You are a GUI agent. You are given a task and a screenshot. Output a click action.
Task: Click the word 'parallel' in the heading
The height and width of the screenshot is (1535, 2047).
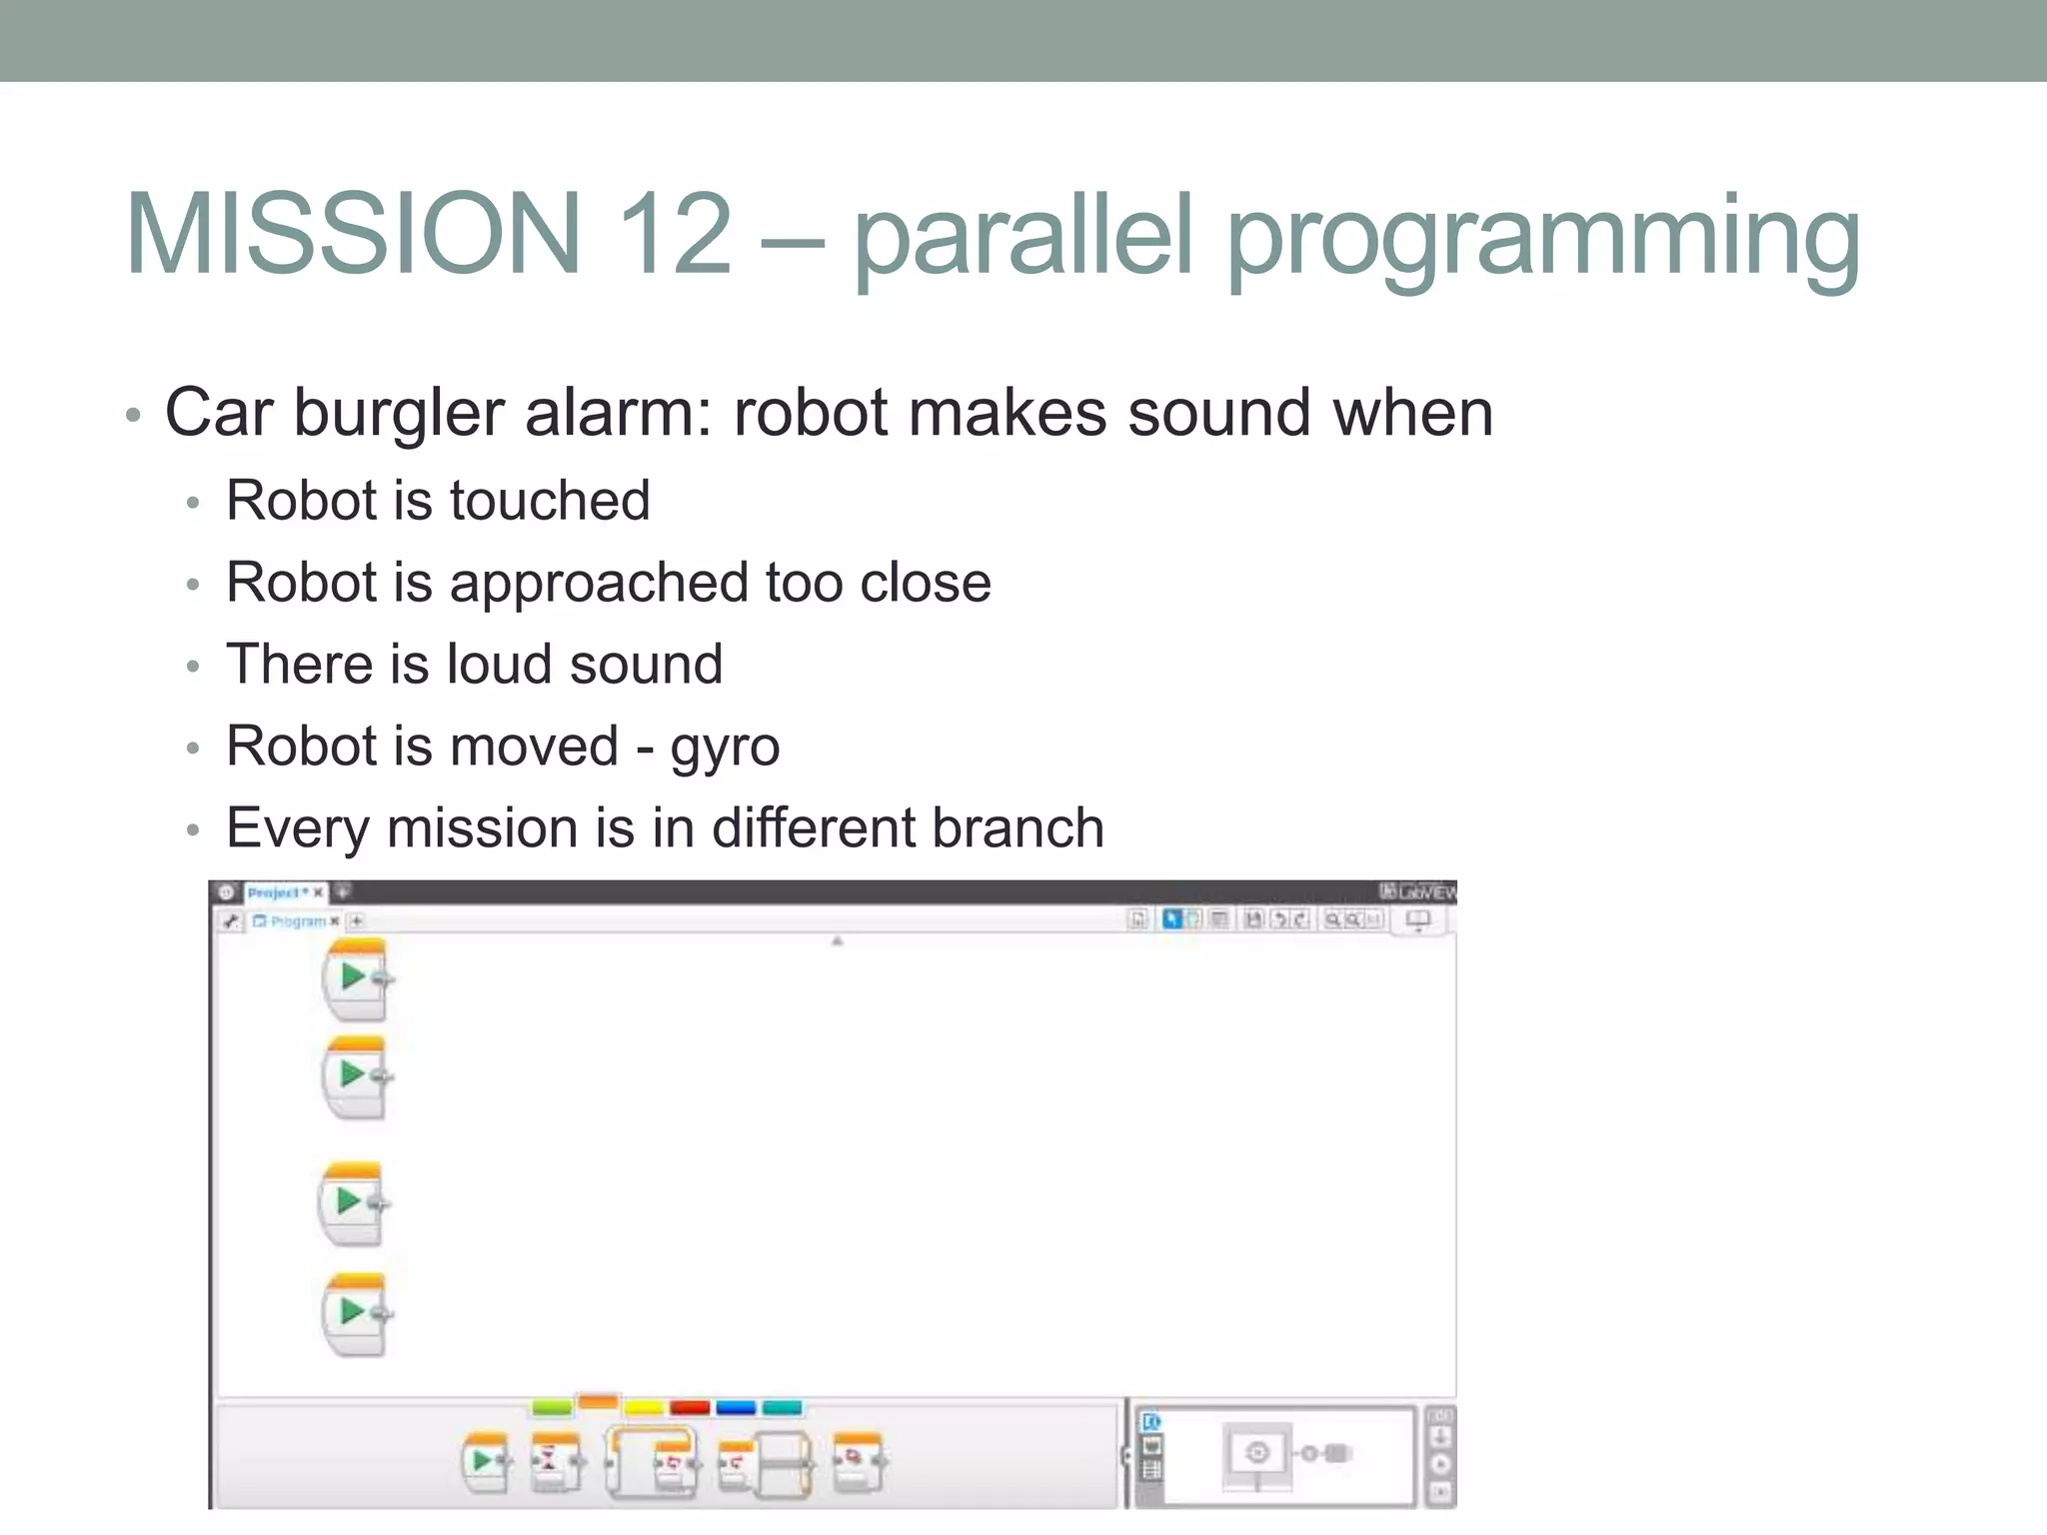[1023, 236]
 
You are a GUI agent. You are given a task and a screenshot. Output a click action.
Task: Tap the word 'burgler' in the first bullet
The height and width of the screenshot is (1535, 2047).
[399, 413]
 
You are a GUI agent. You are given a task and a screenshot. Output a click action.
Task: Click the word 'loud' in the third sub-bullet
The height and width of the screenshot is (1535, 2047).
[498, 665]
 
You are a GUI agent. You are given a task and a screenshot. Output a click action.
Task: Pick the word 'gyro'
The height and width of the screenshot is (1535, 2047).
[725, 748]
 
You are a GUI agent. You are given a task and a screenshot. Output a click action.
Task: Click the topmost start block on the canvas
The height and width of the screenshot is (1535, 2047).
[355, 978]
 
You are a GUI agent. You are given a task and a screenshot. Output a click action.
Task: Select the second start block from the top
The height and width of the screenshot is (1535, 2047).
[355, 1076]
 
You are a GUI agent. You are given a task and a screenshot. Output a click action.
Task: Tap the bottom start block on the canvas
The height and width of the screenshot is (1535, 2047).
[355, 1313]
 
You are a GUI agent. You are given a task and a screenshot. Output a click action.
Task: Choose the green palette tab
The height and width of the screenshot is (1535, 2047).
[551, 1408]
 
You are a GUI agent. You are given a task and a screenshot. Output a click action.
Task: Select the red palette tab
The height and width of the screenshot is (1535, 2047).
[689, 1408]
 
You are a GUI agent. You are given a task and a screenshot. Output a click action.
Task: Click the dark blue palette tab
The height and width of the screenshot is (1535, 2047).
[736, 1408]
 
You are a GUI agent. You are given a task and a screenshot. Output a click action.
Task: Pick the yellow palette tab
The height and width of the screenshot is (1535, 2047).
[643, 1408]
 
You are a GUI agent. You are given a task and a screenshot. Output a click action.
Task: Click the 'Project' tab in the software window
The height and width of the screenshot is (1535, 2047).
[277, 892]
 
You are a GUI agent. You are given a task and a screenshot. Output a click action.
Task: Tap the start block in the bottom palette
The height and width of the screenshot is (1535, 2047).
[485, 1463]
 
